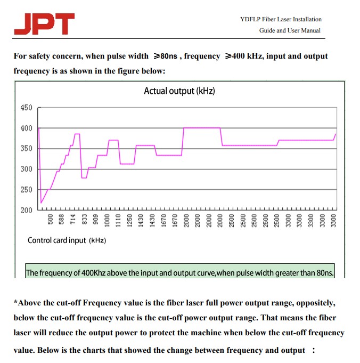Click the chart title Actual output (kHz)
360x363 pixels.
point(179,91)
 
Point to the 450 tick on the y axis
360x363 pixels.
point(26,108)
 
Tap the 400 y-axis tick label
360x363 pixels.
point(26,128)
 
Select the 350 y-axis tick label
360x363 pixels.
point(26,149)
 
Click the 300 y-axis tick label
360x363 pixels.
point(26,169)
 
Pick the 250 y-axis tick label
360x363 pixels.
point(26,190)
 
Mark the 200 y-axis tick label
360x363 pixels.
point(26,210)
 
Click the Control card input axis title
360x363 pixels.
point(56,240)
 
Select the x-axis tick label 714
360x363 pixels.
point(73,220)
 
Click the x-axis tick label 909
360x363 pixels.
point(96,220)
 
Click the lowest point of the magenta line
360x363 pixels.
point(42,203)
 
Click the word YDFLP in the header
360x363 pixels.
point(250,20)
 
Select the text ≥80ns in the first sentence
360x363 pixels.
point(166,56)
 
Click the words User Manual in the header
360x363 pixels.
point(304,30)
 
